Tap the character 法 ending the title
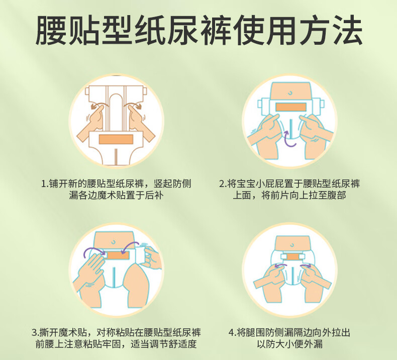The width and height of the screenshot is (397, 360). click(x=347, y=30)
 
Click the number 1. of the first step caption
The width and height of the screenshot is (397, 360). click(x=45, y=184)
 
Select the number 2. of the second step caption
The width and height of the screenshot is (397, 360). click(x=223, y=184)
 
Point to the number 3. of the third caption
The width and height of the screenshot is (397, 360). click(x=36, y=332)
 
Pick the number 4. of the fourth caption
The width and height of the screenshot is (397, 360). click(x=232, y=332)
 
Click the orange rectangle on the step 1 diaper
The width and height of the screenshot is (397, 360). click(x=116, y=139)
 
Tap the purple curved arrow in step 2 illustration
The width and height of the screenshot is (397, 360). click(x=289, y=139)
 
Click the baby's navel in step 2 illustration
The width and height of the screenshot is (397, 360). click(x=290, y=93)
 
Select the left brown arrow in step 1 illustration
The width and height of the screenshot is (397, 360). click(x=97, y=105)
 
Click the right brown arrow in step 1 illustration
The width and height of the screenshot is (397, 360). click(x=134, y=105)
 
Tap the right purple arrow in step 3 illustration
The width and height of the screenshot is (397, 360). click(x=130, y=246)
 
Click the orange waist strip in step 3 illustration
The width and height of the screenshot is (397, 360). click(x=118, y=255)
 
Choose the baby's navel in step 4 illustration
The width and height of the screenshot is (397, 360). click(x=292, y=245)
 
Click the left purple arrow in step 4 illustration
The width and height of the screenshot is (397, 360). click(x=280, y=265)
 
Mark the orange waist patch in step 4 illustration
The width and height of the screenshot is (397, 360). click(x=292, y=256)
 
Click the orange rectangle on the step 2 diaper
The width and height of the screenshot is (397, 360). click(x=291, y=107)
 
